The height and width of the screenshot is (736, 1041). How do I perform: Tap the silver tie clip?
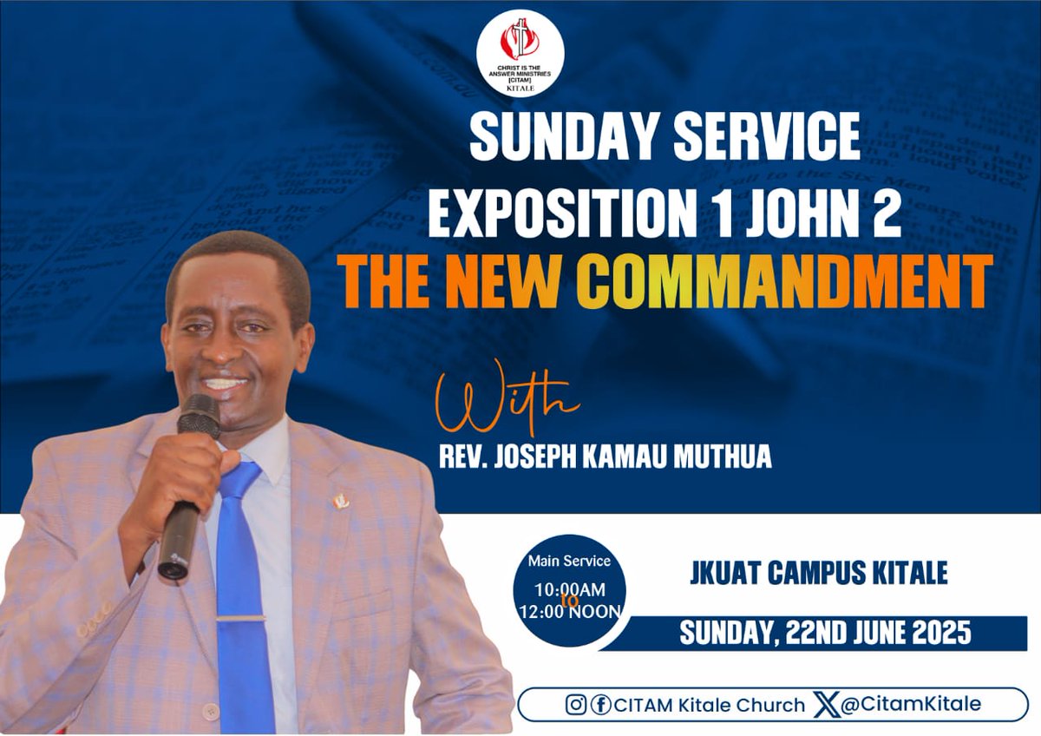(x=241, y=619)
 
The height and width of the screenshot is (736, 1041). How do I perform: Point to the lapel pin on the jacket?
(x=341, y=500)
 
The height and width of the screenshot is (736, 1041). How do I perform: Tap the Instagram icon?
(x=575, y=705)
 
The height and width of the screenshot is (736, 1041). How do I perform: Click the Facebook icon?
(x=599, y=705)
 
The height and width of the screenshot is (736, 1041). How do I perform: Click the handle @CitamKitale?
(x=912, y=704)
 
